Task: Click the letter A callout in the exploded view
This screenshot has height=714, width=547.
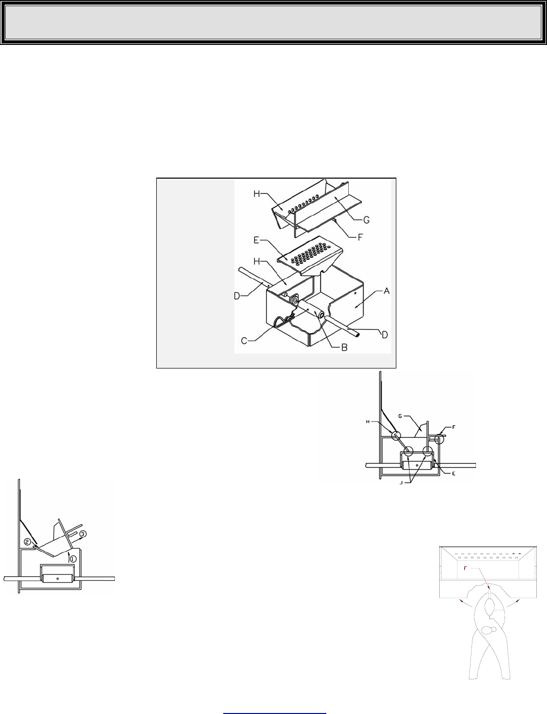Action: click(x=387, y=291)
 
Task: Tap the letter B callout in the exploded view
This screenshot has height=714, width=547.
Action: click(x=344, y=348)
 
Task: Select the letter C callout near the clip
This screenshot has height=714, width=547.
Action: click(x=244, y=341)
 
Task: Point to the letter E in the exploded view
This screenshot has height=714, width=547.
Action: click(x=256, y=240)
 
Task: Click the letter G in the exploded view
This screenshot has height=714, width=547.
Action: click(x=366, y=219)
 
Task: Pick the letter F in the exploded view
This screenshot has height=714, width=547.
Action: click(x=360, y=237)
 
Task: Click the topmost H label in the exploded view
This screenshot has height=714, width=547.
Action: click(x=257, y=194)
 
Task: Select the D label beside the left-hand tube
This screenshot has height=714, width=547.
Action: click(x=237, y=296)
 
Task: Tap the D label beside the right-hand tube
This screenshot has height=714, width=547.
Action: click(x=385, y=335)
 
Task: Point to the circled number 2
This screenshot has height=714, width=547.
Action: click(x=27, y=541)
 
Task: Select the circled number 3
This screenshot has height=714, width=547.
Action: click(x=83, y=534)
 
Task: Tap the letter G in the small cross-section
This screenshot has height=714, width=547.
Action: click(x=400, y=416)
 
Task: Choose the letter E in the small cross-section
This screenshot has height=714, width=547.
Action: click(x=454, y=474)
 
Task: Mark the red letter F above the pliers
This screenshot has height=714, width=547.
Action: click(x=465, y=569)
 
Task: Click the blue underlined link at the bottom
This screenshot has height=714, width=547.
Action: click(x=274, y=711)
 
